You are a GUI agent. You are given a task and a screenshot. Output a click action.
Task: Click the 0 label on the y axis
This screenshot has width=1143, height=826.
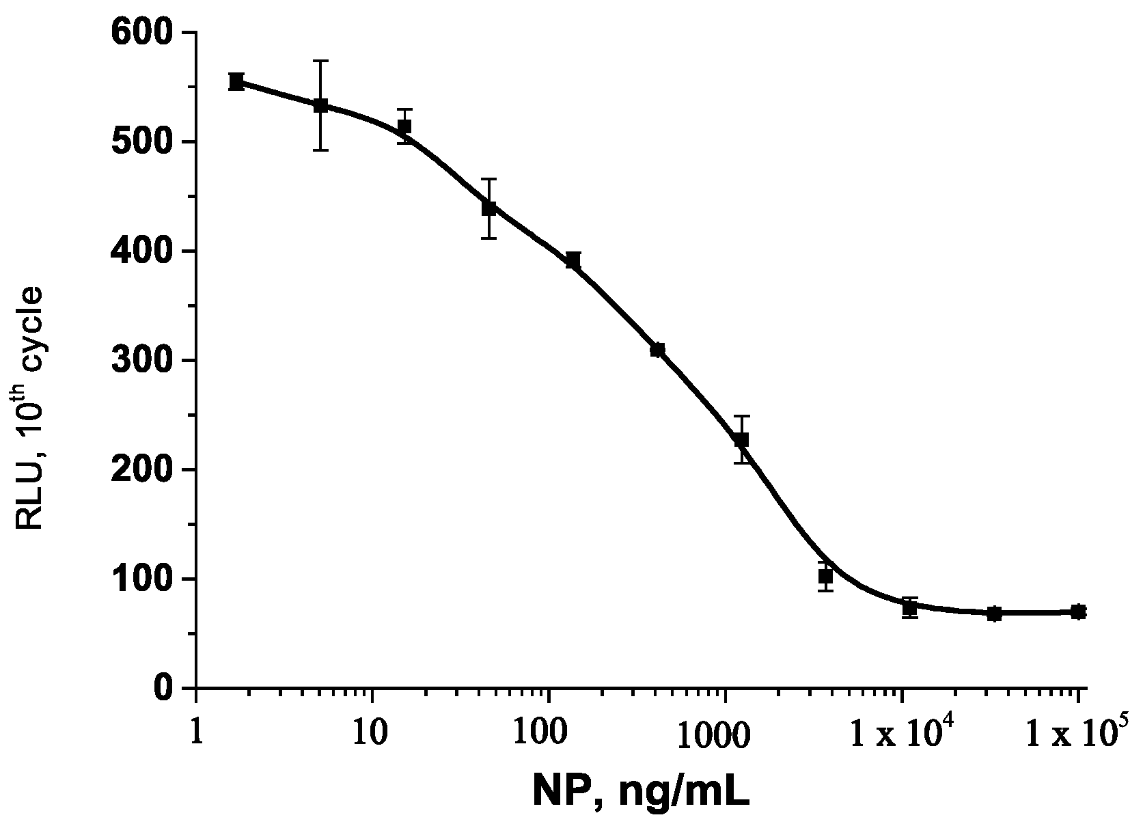(162, 687)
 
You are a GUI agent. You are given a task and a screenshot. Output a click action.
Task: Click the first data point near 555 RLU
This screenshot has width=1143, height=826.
(236, 81)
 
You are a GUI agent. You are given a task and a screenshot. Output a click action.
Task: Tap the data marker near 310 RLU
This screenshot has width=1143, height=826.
(657, 350)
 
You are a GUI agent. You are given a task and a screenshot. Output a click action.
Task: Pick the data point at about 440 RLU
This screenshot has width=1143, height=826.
(488, 208)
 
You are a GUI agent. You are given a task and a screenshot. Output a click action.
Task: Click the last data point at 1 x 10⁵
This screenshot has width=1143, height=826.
(1078, 611)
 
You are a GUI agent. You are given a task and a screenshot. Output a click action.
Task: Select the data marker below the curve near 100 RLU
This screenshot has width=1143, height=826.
(825, 577)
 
